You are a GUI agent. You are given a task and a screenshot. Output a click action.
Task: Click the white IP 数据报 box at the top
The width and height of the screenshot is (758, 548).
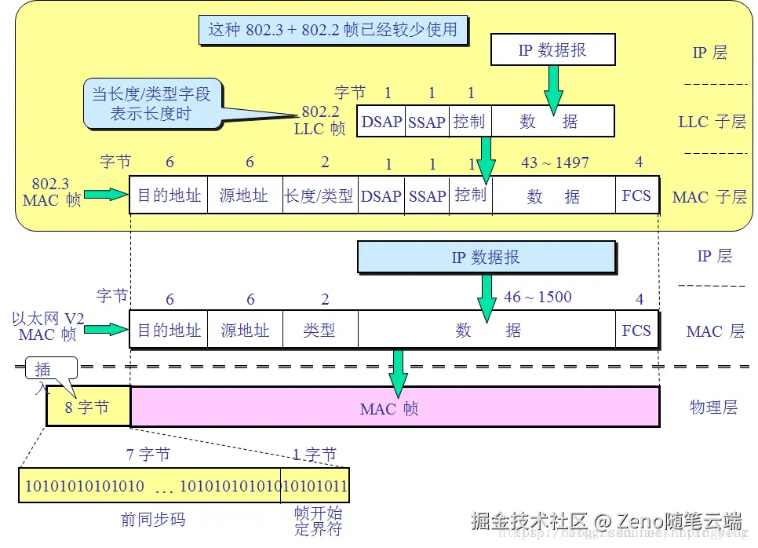coord(552,49)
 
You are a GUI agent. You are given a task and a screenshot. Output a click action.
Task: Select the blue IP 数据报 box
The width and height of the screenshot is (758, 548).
coord(486,258)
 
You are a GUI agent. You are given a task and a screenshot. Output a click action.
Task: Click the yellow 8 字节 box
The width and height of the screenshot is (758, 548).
coord(89,407)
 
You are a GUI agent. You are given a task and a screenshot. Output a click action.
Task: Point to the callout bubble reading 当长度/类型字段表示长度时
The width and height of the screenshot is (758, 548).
coord(151,104)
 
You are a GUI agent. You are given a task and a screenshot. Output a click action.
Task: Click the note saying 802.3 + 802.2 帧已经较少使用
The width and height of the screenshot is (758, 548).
coord(333,30)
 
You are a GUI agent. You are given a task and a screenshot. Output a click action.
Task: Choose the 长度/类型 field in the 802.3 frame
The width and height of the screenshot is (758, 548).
coord(319,195)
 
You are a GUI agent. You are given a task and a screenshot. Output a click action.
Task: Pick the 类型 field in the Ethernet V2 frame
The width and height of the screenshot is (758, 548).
coord(319,330)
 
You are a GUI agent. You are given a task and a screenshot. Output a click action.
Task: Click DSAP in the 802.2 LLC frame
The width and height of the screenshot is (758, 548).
coord(381,122)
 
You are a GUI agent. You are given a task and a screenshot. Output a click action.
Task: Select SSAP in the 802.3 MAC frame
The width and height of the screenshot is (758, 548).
coord(427,195)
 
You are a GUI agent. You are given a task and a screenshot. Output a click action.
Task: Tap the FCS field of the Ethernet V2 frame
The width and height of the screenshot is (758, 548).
coord(636,330)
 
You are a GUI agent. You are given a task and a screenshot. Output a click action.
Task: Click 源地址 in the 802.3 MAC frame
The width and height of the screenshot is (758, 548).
coord(243,195)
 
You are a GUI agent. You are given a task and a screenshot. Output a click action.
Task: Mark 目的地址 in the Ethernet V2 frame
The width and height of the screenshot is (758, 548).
coord(169,330)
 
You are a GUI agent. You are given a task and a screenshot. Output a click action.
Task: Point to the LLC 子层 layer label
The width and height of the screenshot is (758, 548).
coord(712,122)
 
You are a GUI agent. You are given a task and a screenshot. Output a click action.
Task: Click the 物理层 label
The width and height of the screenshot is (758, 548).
coord(713,407)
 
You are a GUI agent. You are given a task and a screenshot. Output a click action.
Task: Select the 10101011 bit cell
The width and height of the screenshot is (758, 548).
coord(315,485)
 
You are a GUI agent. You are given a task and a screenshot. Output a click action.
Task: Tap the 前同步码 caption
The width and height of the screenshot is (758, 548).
coord(153,520)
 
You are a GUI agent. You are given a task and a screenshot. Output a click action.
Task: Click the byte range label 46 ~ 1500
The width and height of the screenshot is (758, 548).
coord(538,298)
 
